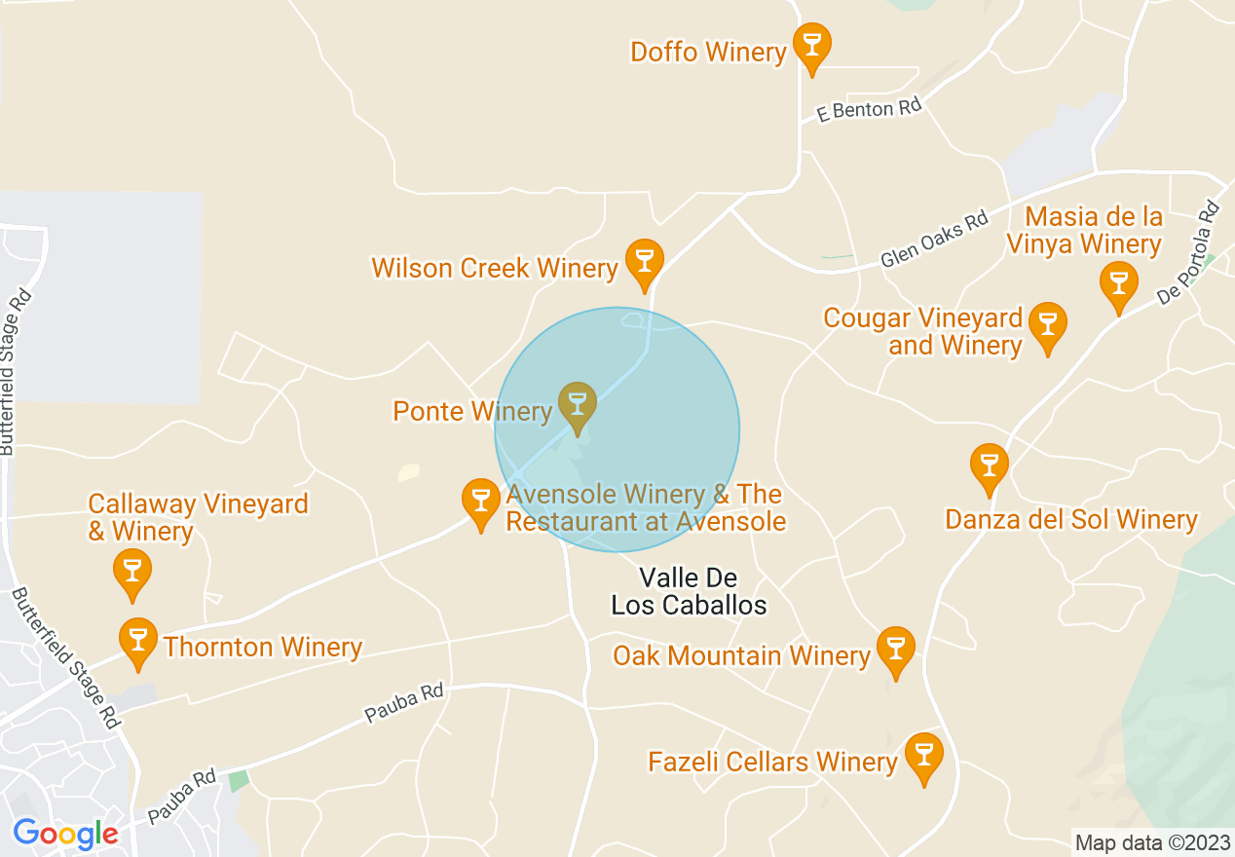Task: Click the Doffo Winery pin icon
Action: (x=811, y=45)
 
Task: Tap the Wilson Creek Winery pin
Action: (x=643, y=261)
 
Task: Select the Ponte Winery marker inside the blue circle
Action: (x=578, y=404)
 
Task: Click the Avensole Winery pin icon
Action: (x=479, y=501)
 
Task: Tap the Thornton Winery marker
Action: (x=138, y=640)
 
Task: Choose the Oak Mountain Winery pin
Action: (x=895, y=649)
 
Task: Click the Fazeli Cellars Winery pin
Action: (x=923, y=755)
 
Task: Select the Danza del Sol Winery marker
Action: (x=990, y=465)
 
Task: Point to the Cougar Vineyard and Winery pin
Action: (x=1048, y=324)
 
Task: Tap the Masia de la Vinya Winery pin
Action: (x=1118, y=283)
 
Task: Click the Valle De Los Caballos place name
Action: (x=689, y=591)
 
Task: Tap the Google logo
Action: (x=65, y=834)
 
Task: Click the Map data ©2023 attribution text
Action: (x=1150, y=842)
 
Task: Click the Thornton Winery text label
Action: (x=263, y=647)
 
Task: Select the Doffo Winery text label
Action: (x=708, y=52)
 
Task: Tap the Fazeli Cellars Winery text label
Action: (x=772, y=762)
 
